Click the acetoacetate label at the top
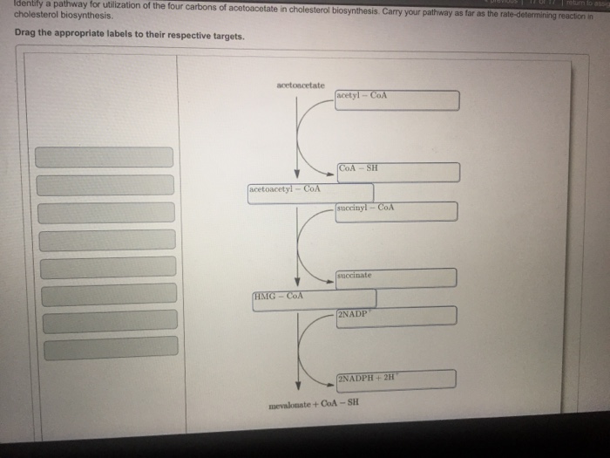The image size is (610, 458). point(300,85)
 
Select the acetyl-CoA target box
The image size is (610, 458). point(396,100)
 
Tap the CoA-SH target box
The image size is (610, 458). point(397,172)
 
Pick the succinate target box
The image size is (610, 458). point(396,278)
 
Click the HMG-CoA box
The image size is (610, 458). point(314,300)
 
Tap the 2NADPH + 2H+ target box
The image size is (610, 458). point(396,379)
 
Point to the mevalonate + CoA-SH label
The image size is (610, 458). point(313,404)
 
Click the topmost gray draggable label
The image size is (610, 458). point(105,157)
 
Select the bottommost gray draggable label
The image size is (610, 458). point(111,349)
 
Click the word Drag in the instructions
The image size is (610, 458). point(26,36)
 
